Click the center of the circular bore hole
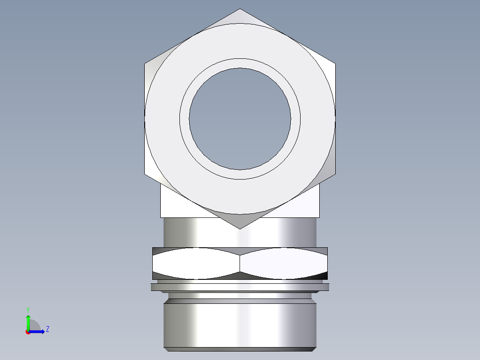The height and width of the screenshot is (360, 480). click(240, 119)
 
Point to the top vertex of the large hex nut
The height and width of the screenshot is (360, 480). click(240, 9)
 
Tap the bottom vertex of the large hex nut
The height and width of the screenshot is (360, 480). click(240, 228)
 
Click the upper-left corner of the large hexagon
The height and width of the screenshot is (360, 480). click(145, 64)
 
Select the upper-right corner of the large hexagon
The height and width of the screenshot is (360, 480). click(335, 64)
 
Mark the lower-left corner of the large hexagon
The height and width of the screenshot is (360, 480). click(145, 174)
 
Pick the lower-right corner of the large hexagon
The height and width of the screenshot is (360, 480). click(335, 174)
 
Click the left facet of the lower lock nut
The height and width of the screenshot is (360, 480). click(196, 264)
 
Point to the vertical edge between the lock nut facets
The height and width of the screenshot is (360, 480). click(240, 264)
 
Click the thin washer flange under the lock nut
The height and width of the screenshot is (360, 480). click(240, 287)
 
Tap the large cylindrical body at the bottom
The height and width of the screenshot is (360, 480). click(240, 323)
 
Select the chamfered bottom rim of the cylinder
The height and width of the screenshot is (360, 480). click(240, 349)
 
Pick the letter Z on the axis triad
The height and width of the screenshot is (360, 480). click(47, 329)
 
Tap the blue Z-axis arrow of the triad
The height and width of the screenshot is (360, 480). click(37, 331)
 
